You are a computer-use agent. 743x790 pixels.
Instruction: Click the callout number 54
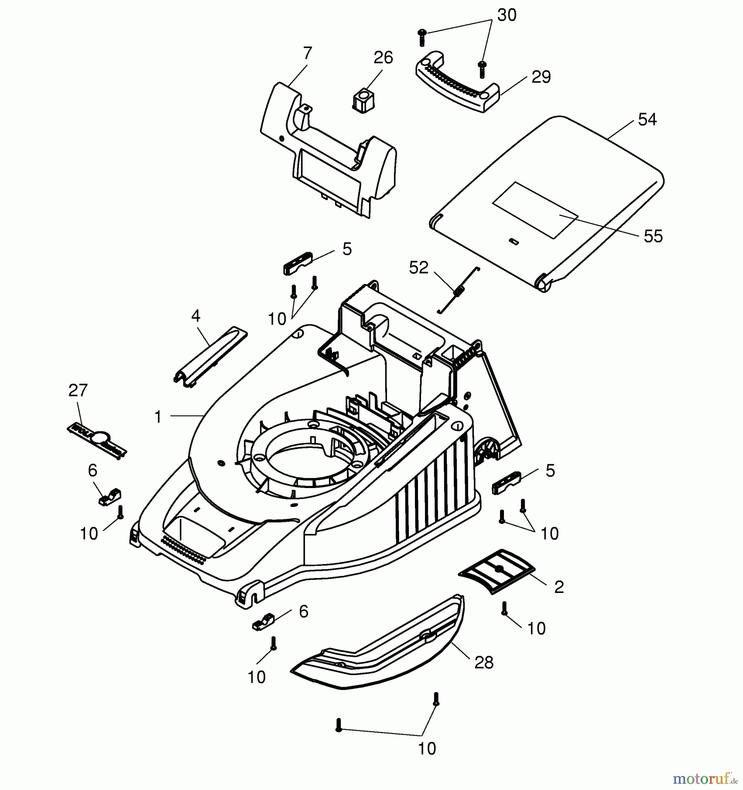click(x=647, y=119)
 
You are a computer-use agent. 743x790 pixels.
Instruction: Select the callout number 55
click(x=653, y=236)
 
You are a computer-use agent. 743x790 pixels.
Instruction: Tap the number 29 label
click(x=541, y=77)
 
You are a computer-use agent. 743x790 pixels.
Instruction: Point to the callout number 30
click(x=507, y=15)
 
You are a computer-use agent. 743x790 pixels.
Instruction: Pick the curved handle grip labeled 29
click(x=456, y=83)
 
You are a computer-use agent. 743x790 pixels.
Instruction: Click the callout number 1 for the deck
click(x=158, y=417)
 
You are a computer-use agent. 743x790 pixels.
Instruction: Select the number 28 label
click(x=484, y=663)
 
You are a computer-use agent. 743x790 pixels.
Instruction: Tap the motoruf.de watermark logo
click(x=705, y=778)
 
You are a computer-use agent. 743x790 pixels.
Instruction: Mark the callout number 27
click(x=78, y=390)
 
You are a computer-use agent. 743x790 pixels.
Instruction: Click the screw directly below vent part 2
click(x=504, y=608)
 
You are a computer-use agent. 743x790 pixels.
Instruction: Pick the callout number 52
click(x=418, y=268)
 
